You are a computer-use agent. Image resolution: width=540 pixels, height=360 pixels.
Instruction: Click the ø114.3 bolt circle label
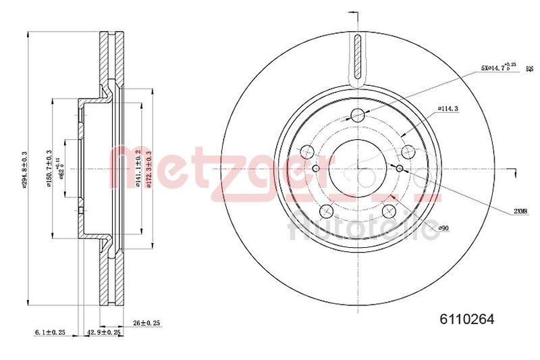[448, 108]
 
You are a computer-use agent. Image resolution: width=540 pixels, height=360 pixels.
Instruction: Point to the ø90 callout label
[443, 230]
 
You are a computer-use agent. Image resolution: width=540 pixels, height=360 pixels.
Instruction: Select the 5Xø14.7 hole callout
[497, 68]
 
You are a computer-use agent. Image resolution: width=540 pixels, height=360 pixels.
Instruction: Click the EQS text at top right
[529, 69]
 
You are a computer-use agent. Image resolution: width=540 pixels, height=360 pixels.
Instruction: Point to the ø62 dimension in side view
[60, 166]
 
